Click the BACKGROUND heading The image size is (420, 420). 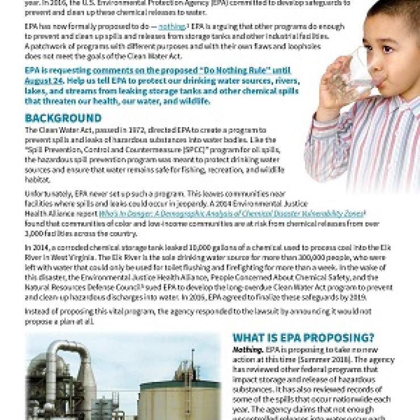pyautogui.click(x=63, y=119)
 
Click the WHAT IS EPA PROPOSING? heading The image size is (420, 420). pyautogui.click(x=303, y=337)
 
